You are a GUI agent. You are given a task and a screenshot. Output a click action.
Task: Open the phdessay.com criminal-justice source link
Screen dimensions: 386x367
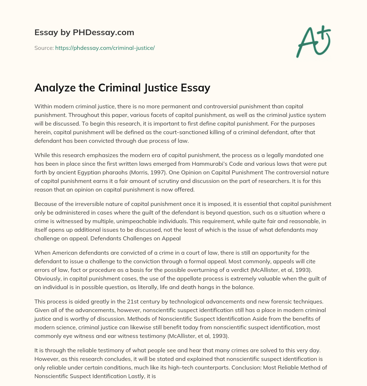105,48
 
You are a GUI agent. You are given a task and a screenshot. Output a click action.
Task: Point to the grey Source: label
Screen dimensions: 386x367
44,48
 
